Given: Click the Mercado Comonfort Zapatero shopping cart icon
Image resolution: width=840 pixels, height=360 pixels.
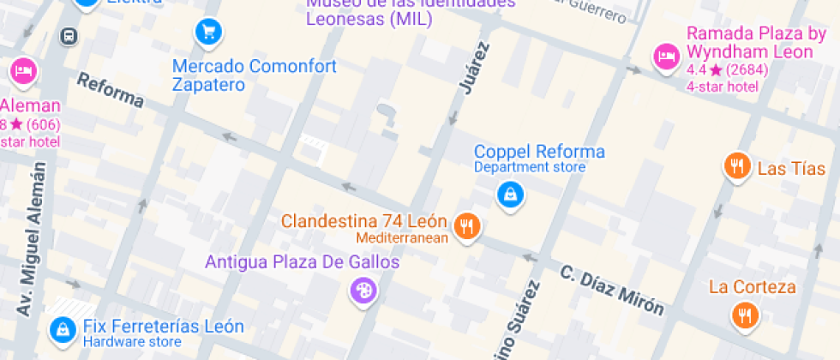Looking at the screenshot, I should (207, 33).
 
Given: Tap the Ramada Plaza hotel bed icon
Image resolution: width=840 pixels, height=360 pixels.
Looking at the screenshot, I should (666, 57).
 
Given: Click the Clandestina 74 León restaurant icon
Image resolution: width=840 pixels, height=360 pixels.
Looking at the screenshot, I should (466, 226).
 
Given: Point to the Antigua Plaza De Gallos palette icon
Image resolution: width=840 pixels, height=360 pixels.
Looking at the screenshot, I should (363, 291).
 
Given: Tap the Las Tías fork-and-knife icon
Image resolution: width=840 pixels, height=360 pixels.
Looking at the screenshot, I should (736, 166).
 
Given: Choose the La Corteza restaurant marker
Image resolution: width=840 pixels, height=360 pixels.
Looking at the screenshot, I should (745, 315).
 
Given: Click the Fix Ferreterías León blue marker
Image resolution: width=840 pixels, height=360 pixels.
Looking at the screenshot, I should (62, 328).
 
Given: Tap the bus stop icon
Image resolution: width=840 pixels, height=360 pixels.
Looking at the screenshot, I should (68, 36).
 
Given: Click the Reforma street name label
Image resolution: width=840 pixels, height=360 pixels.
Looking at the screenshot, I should (110, 90).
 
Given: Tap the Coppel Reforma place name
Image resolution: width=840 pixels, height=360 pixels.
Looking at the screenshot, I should (539, 152).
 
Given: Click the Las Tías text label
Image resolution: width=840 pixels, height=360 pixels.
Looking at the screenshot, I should (790, 169).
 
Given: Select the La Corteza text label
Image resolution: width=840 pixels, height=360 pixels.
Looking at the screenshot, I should (752, 287).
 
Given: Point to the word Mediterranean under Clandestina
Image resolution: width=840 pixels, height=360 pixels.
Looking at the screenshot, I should (402, 237).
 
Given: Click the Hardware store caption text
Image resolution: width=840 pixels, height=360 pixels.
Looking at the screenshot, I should (131, 342).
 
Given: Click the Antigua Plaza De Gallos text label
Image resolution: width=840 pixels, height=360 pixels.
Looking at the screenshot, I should (302, 262).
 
